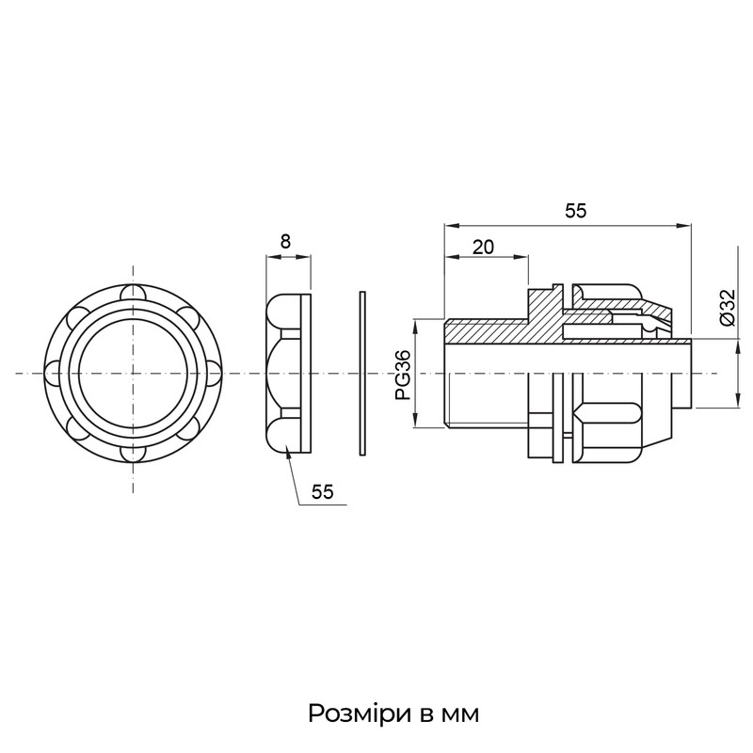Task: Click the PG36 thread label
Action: (403, 375)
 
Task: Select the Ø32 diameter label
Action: (728, 308)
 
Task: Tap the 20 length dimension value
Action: (483, 247)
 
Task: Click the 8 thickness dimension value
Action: (286, 241)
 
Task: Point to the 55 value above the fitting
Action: (575, 210)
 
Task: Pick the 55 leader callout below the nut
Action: (322, 491)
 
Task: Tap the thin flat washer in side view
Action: (362, 373)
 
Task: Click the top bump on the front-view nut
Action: (133, 292)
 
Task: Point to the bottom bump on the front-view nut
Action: (133, 455)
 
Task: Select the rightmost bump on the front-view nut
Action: (215, 373)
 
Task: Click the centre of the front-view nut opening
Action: (133, 373)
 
